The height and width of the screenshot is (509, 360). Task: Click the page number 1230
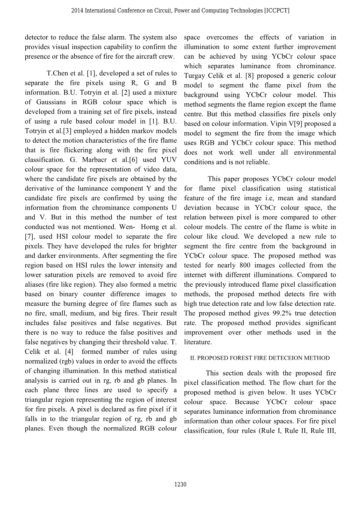click(x=181, y=485)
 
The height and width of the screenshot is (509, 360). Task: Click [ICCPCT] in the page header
click(x=277, y=10)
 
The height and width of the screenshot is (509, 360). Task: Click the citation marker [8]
click(x=250, y=76)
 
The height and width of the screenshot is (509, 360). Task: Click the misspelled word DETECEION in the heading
click(x=287, y=358)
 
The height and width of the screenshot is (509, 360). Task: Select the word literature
click(x=198, y=342)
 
